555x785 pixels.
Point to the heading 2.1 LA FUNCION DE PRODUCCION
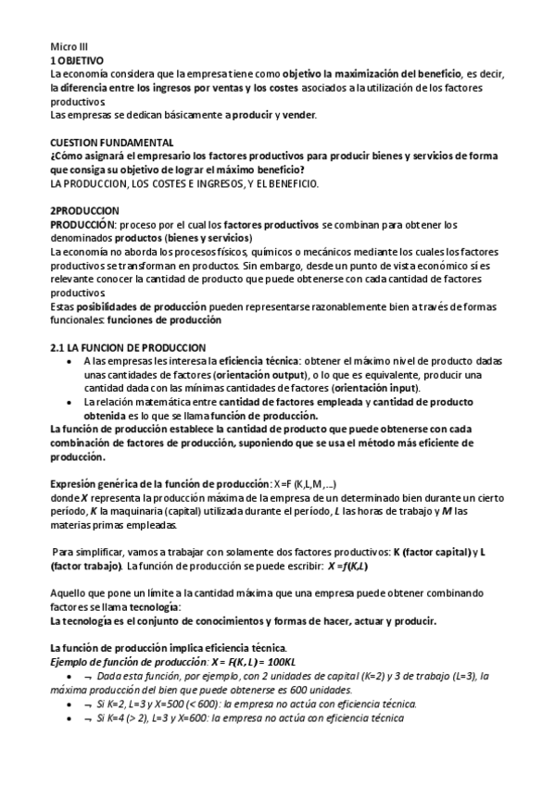tap(120, 346)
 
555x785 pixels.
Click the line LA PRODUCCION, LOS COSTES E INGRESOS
tap(184, 183)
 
